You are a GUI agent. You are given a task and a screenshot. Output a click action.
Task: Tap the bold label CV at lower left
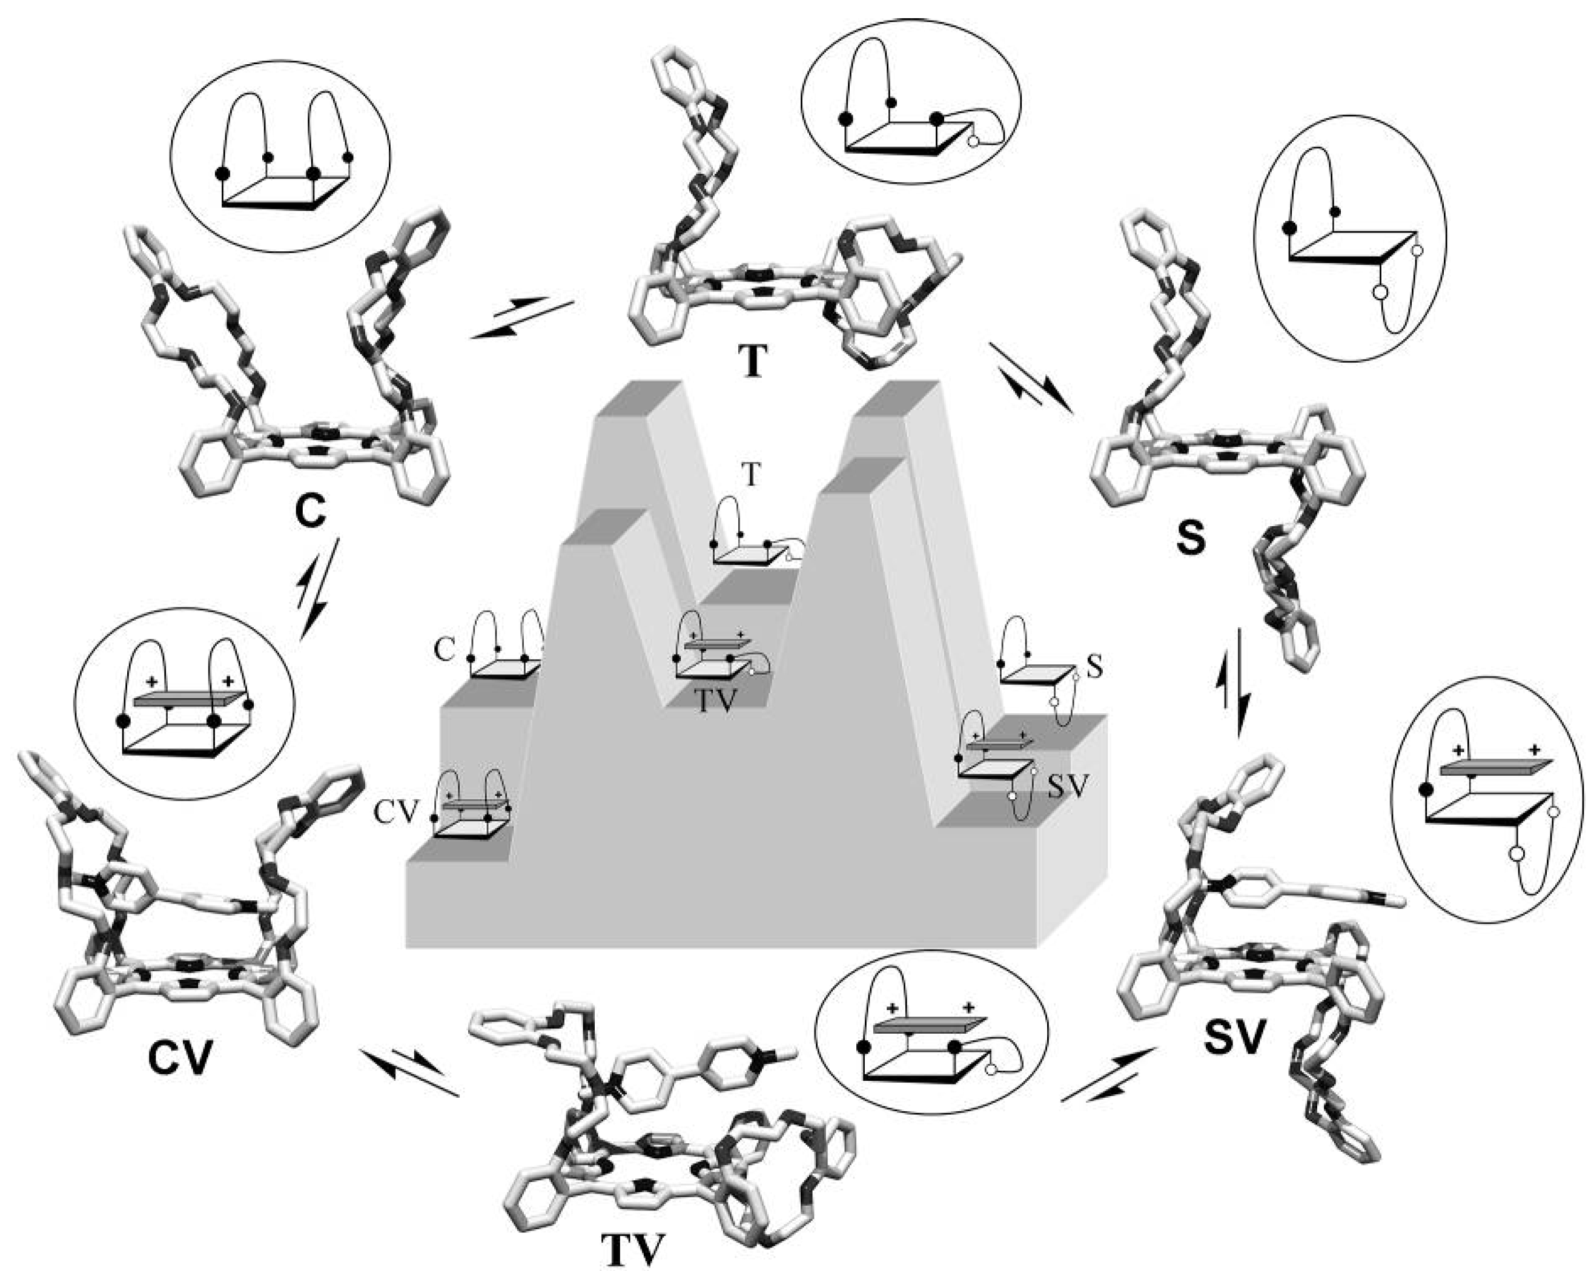point(180,1060)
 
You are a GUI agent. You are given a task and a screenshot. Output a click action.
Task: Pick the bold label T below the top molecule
point(753,362)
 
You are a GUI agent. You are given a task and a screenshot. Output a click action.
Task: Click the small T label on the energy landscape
point(751,476)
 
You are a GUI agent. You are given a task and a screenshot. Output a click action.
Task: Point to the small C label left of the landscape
point(443,651)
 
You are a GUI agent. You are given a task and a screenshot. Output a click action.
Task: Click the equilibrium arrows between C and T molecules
point(522,317)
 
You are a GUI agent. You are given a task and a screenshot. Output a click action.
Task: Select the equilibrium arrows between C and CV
point(316,589)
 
